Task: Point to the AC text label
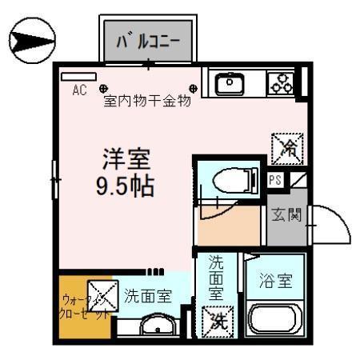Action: point(79,90)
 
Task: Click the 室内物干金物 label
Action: point(147,102)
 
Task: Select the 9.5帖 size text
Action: point(124,186)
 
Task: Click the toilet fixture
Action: point(231,179)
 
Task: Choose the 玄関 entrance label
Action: point(285,215)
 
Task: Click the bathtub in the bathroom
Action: point(275,322)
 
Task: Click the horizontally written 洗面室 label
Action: point(147,295)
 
